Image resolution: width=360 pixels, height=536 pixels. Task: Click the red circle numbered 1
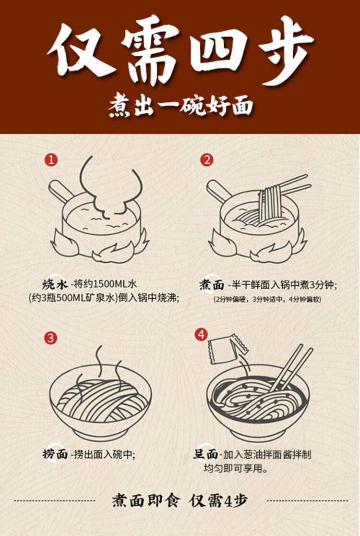tap(51, 159)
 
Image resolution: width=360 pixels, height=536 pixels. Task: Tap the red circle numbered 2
tap(207, 159)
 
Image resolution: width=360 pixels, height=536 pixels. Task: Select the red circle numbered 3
tap(51, 337)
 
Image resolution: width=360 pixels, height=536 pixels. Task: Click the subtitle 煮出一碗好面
tap(180, 107)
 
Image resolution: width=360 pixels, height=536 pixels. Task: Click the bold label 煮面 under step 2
tap(212, 285)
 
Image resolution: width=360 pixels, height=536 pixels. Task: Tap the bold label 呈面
tap(205, 454)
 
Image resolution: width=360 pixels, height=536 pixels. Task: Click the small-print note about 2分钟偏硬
tap(267, 299)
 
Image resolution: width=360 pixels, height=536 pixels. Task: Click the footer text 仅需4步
tap(218, 500)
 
